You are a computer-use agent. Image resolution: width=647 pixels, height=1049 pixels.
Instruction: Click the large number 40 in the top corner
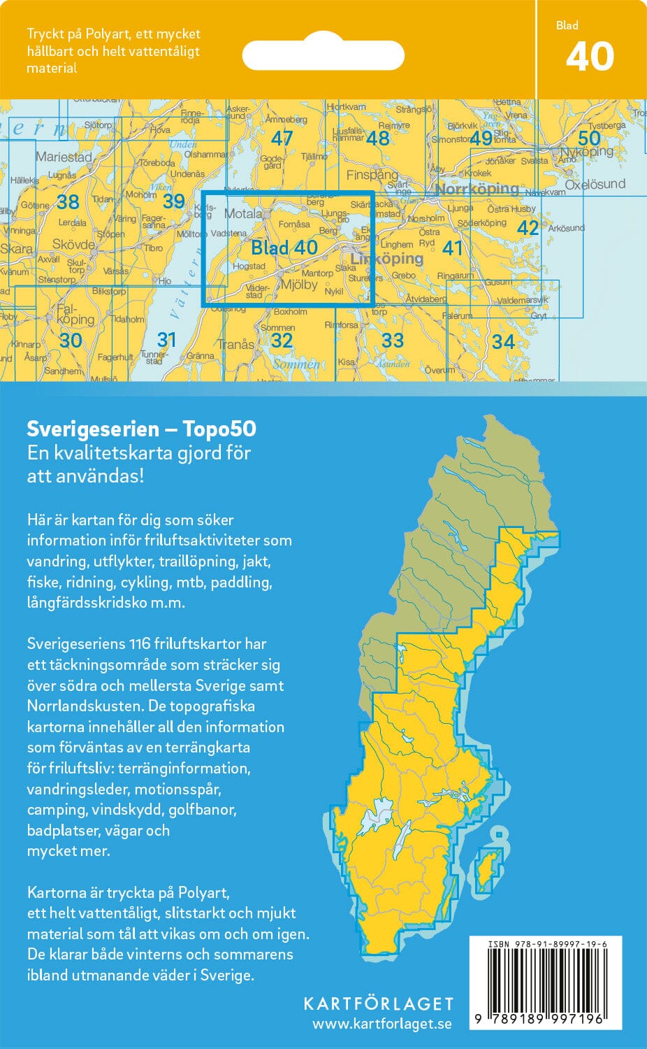pos(590,57)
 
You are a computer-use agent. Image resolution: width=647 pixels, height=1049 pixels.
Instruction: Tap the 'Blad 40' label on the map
pos(284,248)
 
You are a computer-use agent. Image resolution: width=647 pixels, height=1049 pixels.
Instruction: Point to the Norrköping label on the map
pos(477,189)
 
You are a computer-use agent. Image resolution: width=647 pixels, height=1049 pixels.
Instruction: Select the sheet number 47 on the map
pos(282,138)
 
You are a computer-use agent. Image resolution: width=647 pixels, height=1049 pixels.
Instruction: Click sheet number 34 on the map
pos(503,341)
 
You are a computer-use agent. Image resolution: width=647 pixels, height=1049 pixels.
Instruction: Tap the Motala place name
pos(243,214)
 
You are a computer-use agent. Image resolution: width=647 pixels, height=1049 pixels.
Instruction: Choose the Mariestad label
pos(64,157)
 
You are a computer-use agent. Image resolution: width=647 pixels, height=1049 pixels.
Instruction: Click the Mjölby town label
pos(298,285)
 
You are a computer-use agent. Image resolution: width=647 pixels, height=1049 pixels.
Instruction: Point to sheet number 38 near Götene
pos(68,202)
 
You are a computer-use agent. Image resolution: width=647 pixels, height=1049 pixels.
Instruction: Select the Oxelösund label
pos(595,184)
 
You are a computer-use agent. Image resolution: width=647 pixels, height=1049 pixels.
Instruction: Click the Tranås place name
pos(235,344)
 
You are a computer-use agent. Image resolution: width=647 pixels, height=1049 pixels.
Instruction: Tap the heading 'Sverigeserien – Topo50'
pos(141,428)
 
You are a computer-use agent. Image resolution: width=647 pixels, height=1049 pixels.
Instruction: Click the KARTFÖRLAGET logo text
pos(378,1004)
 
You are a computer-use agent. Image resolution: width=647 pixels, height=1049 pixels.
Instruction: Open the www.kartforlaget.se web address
pos(381,1024)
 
